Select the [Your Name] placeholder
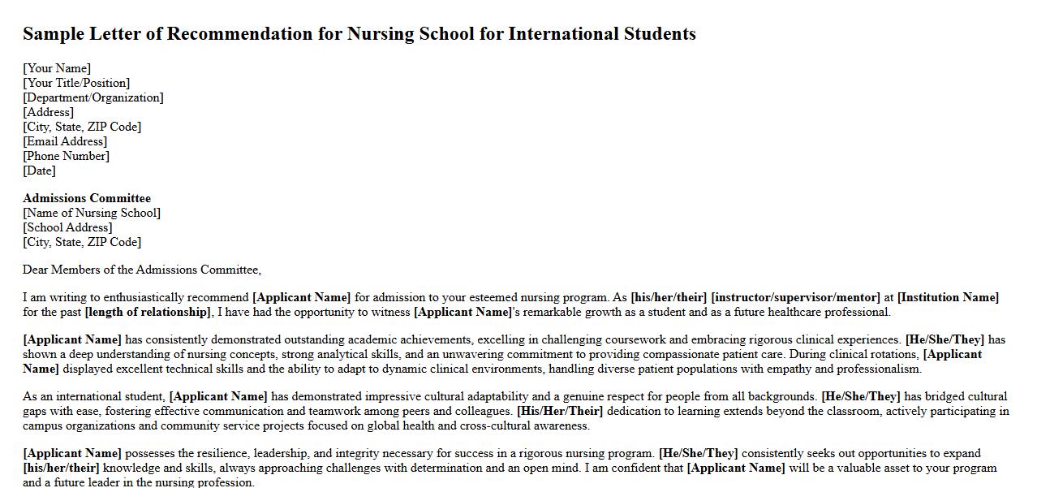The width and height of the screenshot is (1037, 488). click(x=57, y=68)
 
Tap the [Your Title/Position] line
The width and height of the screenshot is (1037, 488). click(x=76, y=83)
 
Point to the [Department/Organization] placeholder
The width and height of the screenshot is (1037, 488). click(x=93, y=97)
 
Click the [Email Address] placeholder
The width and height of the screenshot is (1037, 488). click(x=65, y=141)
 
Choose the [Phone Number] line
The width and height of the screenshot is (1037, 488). click(x=66, y=156)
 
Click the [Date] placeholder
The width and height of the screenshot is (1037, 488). click(x=39, y=171)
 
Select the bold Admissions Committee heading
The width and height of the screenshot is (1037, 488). click(x=87, y=198)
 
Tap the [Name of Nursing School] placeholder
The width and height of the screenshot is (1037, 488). click(x=92, y=213)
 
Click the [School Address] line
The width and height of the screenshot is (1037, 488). click(x=67, y=227)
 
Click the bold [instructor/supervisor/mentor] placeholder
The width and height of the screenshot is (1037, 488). click(x=795, y=297)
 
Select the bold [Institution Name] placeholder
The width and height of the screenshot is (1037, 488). click(x=948, y=297)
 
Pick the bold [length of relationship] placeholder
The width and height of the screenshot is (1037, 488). click(x=148, y=312)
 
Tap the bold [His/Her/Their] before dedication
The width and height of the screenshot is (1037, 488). click(x=560, y=411)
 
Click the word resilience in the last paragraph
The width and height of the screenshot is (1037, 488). click(x=221, y=453)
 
